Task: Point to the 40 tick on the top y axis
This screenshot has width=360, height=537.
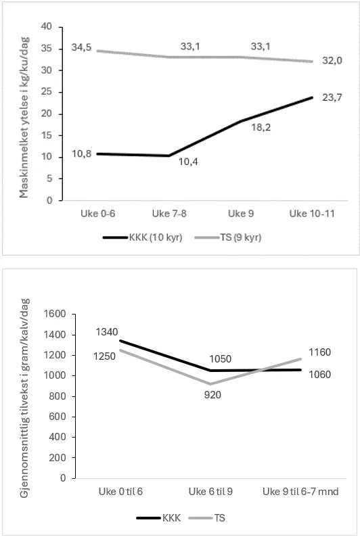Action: click(47, 27)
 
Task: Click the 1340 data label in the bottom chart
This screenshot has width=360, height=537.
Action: click(108, 331)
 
